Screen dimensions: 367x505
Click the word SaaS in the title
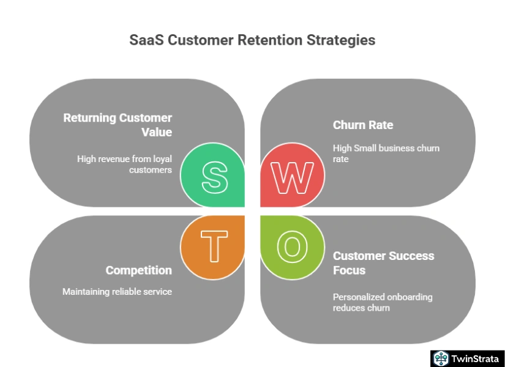point(146,40)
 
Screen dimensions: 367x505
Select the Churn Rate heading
point(363,125)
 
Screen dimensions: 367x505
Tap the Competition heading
point(138,270)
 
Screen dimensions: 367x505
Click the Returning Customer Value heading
point(118,125)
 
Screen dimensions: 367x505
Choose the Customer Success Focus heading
point(383,263)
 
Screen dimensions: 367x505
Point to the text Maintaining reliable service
point(117,292)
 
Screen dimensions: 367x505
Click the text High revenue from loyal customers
point(124,164)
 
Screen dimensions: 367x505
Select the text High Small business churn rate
point(386,154)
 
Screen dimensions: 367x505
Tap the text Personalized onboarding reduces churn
point(383,302)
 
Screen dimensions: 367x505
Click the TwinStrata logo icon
point(441,358)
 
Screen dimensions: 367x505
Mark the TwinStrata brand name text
point(475,358)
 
